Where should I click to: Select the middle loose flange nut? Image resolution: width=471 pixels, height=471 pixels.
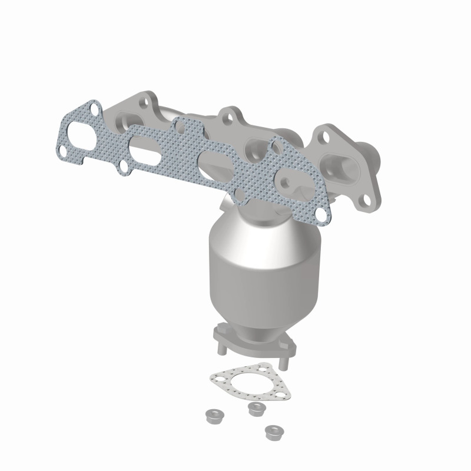[255, 408]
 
